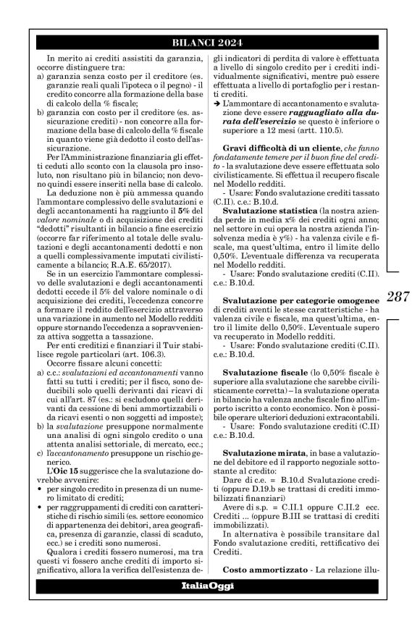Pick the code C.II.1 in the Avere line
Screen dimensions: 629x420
[x=276, y=510]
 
